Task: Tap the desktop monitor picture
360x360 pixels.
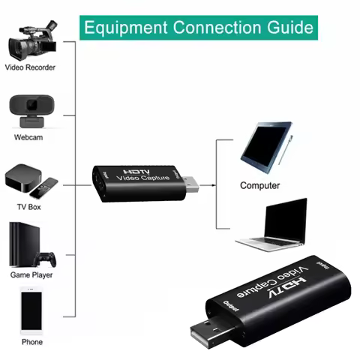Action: click(267, 151)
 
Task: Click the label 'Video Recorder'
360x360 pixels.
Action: click(31, 68)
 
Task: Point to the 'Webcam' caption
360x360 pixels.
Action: click(28, 138)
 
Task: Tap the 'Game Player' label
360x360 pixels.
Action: click(31, 274)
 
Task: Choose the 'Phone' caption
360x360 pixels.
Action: click(31, 342)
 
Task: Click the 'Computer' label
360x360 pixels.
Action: click(259, 185)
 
